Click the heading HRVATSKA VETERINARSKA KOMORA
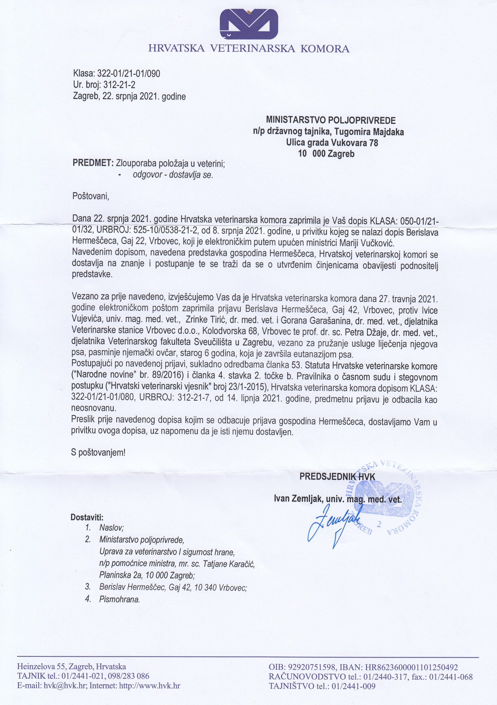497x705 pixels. pyautogui.click(x=249, y=49)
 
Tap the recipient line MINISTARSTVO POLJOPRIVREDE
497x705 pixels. pyautogui.click(x=331, y=120)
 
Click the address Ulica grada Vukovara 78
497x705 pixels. pyautogui.click(x=332, y=143)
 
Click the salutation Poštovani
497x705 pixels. pyautogui.click(x=91, y=196)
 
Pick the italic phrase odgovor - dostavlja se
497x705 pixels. pyautogui.click(x=173, y=175)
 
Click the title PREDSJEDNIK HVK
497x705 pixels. pyautogui.click(x=337, y=476)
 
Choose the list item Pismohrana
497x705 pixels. pyautogui.click(x=120, y=599)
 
